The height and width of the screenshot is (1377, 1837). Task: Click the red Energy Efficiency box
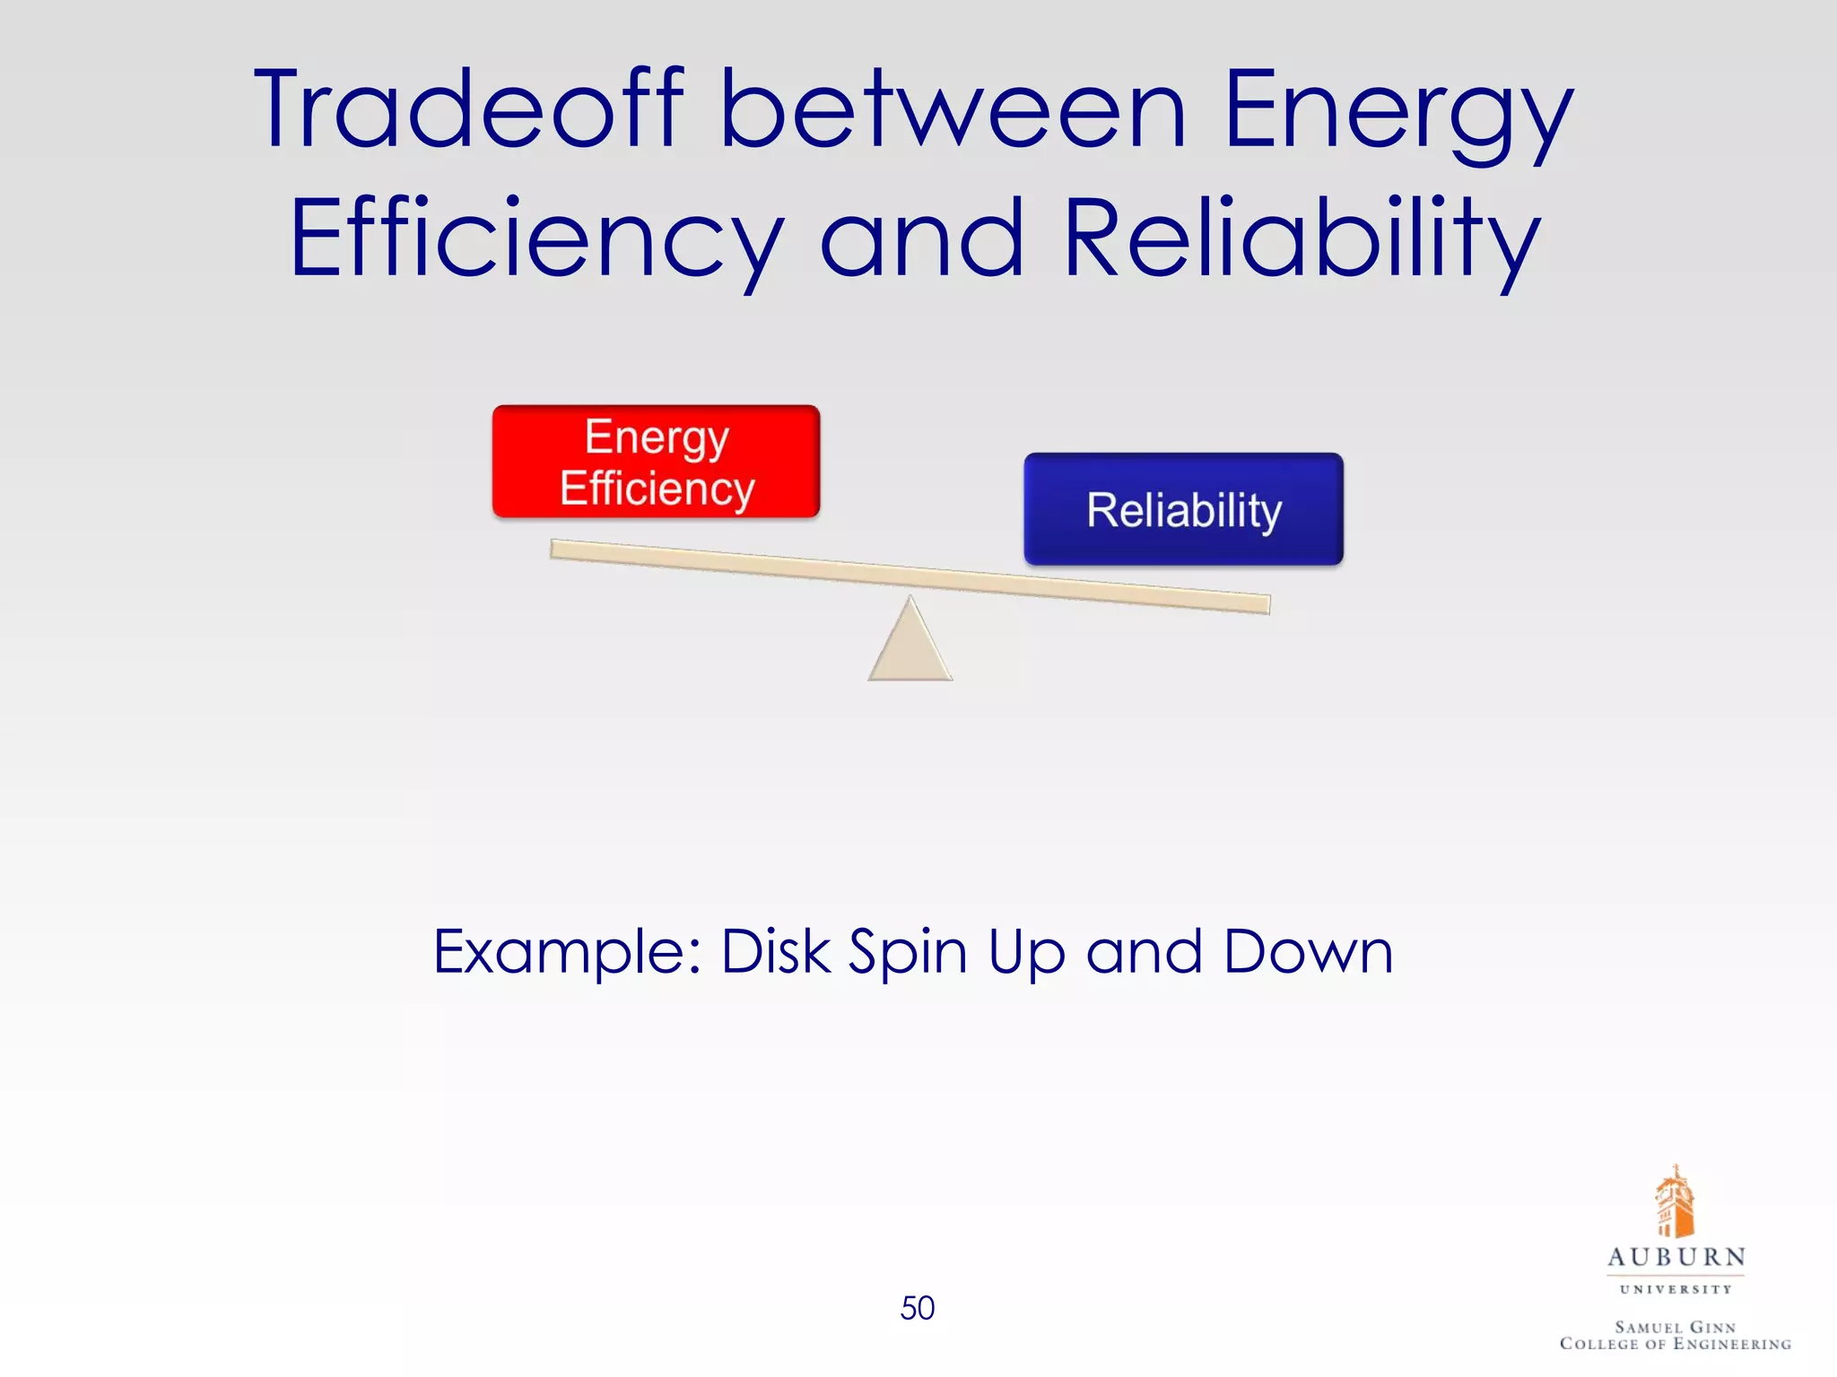(x=656, y=462)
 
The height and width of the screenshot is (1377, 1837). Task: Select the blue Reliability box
(x=1183, y=509)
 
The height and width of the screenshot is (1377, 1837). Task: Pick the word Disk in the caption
(x=776, y=952)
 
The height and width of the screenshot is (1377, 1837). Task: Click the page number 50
(x=917, y=1308)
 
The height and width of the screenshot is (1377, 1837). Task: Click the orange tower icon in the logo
(x=1674, y=1202)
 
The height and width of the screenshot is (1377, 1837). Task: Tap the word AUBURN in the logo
(x=1676, y=1257)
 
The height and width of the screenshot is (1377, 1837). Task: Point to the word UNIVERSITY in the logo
(x=1676, y=1289)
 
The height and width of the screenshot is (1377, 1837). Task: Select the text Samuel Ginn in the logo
(x=1676, y=1326)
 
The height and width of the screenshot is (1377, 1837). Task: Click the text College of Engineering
(x=1676, y=1344)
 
